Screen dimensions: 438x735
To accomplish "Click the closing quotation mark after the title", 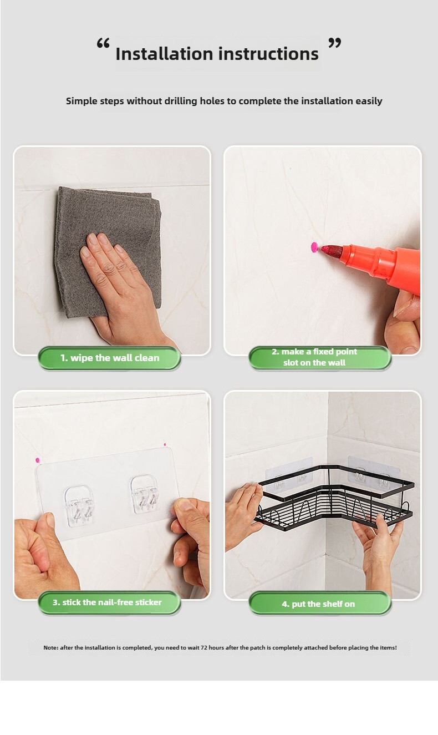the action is tap(335, 43).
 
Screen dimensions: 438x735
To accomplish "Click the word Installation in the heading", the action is tap(164, 53).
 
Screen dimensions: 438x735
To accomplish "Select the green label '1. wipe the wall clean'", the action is tap(110, 358).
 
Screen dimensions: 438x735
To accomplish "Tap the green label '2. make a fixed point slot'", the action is tap(320, 358).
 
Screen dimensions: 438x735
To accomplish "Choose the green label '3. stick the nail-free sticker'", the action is tap(110, 602).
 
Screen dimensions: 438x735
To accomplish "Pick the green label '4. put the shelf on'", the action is tap(320, 604).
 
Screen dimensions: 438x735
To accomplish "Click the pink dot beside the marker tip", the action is tap(314, 247).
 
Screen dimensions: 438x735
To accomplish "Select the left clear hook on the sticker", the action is tap(80, 506).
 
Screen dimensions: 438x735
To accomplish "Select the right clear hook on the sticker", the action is tap(145, 494).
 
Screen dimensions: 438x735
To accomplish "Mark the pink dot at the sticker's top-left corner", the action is tap(38, 460).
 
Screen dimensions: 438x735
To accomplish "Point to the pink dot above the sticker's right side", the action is tap(165, 445).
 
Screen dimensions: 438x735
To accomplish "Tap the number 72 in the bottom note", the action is tap(204, 647).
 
